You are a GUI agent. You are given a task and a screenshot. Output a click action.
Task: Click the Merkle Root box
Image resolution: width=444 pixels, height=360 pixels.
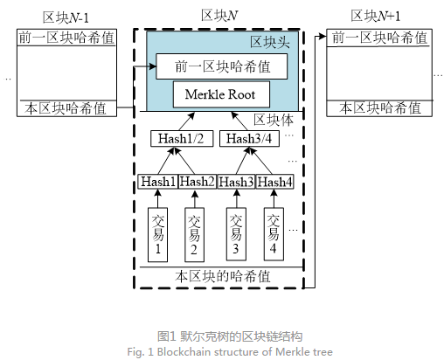[x=221, y=94]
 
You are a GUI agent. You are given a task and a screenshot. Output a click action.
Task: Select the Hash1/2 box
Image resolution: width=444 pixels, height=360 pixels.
[x=182, y=139]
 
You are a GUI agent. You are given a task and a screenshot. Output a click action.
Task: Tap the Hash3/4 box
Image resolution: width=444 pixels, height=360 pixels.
[x=249, y=139]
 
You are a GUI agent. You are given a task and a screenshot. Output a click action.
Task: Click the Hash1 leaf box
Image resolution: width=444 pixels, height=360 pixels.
[x=158, y=182]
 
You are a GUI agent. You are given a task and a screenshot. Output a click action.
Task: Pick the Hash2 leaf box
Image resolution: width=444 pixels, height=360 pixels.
[x=198, y=182]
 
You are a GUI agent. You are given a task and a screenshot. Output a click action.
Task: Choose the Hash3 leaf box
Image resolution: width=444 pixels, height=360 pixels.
[x=236, y=182]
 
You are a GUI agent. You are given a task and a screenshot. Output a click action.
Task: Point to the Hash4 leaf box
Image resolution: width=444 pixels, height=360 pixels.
[x=274, y=182]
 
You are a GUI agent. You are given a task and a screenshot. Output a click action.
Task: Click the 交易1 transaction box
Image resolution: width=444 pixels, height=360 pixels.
[x=157, y=234]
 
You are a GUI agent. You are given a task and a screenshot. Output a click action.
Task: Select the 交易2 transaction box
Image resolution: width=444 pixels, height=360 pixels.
[x=194, y=234]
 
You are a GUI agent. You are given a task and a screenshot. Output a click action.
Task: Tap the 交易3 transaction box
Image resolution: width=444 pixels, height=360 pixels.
[x=236, y=234]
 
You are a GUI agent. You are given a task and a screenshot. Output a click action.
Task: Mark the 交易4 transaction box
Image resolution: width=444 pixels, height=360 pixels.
[x=274, y=234]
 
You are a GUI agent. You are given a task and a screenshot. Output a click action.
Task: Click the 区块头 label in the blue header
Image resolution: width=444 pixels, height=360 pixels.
[x=270, y=43]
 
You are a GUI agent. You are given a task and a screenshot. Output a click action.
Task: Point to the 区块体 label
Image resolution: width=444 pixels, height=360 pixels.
[x=274, y=120]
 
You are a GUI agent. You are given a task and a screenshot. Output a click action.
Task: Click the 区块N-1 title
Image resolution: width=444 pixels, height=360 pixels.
[x=66, y=17]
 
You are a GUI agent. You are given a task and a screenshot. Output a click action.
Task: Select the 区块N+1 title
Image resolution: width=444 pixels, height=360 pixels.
[x=376, y=16]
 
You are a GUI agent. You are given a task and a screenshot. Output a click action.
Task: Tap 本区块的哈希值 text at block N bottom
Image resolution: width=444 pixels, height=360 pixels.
[x=223, y=276]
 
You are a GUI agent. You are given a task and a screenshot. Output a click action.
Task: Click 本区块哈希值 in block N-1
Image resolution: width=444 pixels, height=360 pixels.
[x=66, y=108]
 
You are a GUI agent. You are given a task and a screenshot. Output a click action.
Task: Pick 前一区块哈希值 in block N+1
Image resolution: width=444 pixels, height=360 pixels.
[x=379, y=38]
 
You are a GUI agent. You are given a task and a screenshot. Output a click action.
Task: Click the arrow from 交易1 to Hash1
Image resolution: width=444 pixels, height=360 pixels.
[x=157, y=198]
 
